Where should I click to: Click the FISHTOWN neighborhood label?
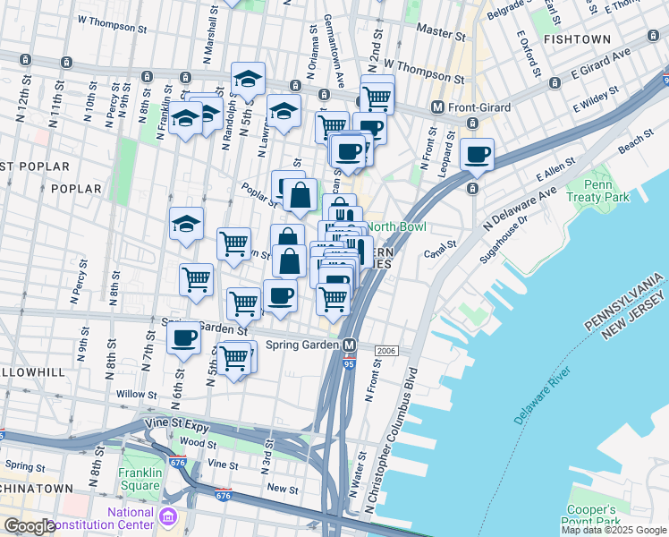576,39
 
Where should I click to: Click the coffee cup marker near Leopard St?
478,154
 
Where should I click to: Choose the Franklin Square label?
140,479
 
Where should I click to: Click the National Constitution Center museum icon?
168,516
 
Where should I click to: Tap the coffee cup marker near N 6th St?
184,339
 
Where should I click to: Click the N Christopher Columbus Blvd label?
400,441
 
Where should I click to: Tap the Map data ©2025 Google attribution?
614,530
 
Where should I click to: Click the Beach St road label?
630,142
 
